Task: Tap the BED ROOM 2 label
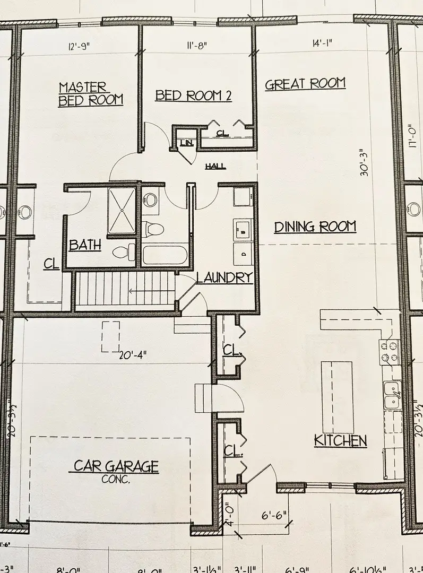click(193, 95)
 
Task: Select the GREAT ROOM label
click(305, 84)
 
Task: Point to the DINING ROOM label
click(315, 227)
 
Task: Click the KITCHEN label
click(340, 440)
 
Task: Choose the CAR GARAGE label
click(116, 467)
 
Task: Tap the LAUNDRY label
click(223, 277)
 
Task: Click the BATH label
click(85, 245)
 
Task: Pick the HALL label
click(215, 167)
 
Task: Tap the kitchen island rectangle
click(336, 397)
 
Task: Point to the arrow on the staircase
click(143, 291)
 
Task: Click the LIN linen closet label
click(186, 143)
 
